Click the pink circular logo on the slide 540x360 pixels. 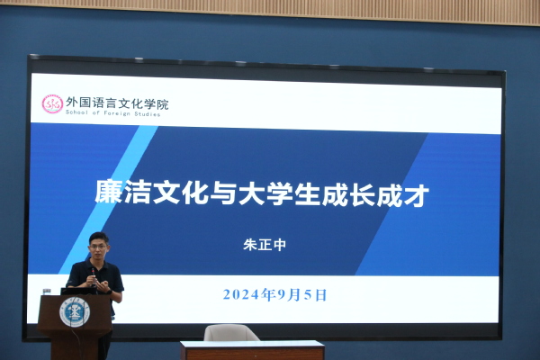coord(52,104)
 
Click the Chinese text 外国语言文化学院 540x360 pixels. coord(117,103)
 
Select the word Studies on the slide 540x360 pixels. coord(147,113)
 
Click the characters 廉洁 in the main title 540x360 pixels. coord(122,191)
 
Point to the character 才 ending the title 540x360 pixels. coord(417,195)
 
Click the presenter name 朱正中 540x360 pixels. coord(265,245)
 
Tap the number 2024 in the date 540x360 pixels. coord(240,294)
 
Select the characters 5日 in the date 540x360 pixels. coord(315,295)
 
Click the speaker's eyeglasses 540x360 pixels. coord(98,247)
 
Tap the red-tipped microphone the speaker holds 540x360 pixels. coord(94,276)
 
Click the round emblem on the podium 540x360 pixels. coord(75,312)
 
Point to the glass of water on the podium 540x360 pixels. coord(47,292)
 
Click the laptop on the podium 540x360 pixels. coord(78,291)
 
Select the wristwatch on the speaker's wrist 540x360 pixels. coord(109,292)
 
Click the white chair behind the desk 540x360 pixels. coord(230,333)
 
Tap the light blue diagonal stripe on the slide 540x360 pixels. coord(109,200)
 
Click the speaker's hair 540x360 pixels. coord(99,238)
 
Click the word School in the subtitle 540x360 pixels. coord(76,112)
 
